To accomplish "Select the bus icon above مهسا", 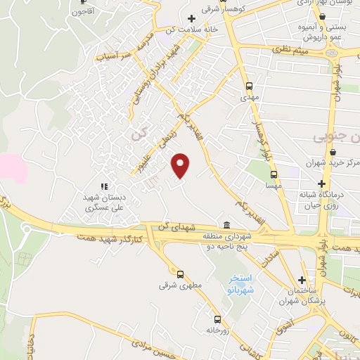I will (x=274, y=175).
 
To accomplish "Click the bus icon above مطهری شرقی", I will (x=180, y=274).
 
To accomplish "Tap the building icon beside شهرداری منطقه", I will (x=226, y=225).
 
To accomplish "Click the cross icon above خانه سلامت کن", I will (x=191, y=18).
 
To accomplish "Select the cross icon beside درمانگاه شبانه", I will (x=321, y=184).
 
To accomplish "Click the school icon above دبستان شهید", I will (x=104, y=186).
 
